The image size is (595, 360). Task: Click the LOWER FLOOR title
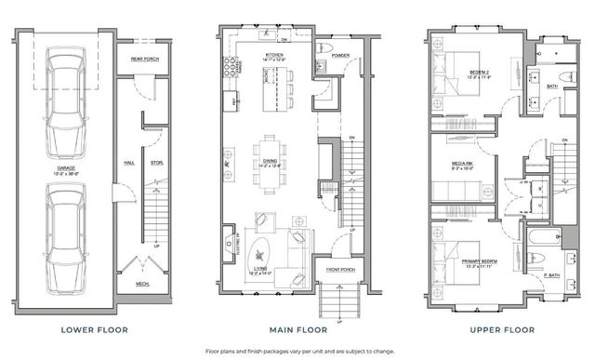94,329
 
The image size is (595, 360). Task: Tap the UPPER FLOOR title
492,329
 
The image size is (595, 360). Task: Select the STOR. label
157,162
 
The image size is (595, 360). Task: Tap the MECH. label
143,285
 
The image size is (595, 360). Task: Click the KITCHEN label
274,57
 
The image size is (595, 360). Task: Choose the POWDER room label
338,55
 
